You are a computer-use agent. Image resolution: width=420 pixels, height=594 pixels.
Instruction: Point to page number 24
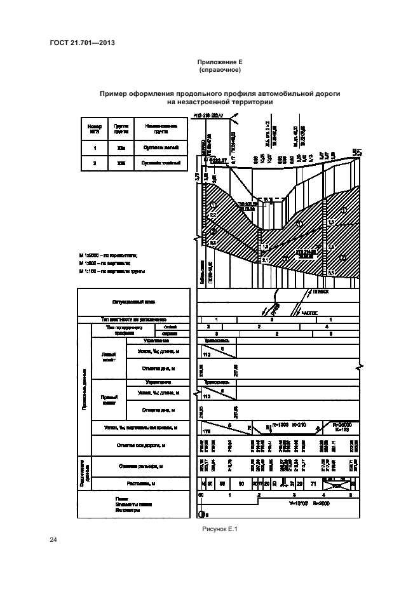click(x=53, y=540)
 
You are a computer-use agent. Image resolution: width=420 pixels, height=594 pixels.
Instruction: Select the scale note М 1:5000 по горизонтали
click(x=105, y=255)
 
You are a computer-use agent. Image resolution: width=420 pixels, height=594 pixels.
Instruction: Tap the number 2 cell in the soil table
click(x=94, y=163)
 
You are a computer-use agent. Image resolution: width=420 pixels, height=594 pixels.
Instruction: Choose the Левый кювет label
click(x=109, y=358)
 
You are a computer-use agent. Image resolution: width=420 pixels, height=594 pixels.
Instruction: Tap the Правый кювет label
click(x=109, y=399)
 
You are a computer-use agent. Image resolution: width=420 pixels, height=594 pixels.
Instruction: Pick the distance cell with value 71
click(x=313, y=484)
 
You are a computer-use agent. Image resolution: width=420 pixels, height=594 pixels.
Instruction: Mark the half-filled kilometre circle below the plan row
click(x=202, y=515)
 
